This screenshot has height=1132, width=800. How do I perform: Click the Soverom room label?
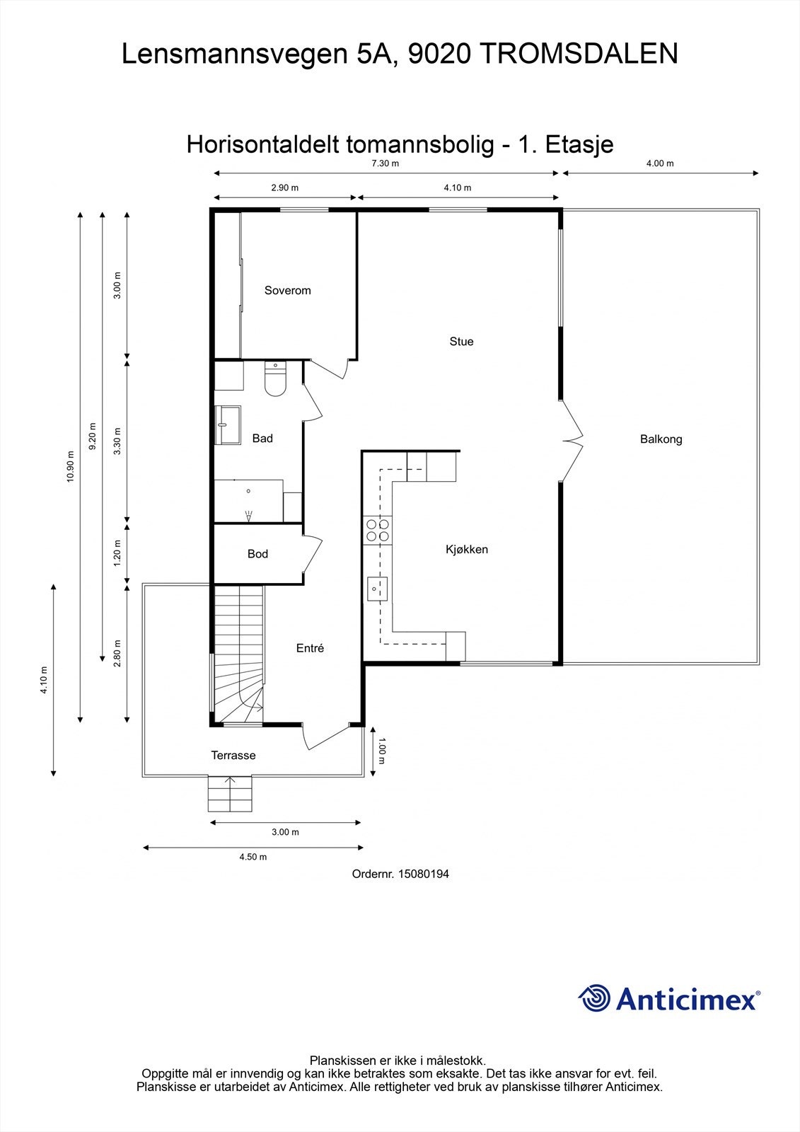288,290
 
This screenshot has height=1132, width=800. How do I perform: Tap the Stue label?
461,342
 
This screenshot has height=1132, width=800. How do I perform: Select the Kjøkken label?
467,549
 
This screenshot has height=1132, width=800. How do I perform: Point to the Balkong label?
661,439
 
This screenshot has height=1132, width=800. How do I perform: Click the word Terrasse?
233,755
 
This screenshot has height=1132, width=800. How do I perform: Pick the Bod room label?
257,554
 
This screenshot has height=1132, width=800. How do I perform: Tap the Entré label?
310,648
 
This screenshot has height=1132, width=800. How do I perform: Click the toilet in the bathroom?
275,379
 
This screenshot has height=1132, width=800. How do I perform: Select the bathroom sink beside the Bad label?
228,425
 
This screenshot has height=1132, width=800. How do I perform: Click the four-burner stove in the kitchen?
378,530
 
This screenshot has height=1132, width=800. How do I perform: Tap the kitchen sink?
377,589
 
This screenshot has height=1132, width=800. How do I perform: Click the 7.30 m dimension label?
385,163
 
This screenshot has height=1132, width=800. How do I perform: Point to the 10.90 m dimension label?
70,466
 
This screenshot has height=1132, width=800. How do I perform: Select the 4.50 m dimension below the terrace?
253,857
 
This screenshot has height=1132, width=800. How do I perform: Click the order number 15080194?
424,874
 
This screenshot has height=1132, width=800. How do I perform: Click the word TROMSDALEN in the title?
578,54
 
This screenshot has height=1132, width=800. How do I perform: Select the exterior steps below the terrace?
230,793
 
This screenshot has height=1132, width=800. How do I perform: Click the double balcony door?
572,439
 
